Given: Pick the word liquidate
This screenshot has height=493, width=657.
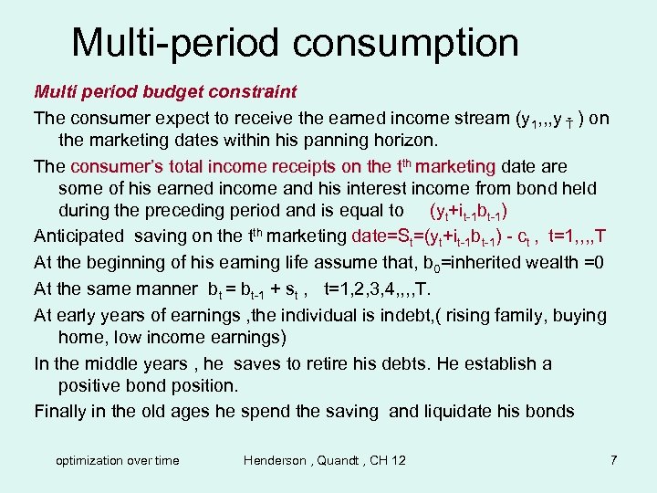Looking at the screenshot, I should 469,411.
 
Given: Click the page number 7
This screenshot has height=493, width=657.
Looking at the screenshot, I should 614,460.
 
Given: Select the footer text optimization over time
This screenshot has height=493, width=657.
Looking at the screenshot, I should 118,460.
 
